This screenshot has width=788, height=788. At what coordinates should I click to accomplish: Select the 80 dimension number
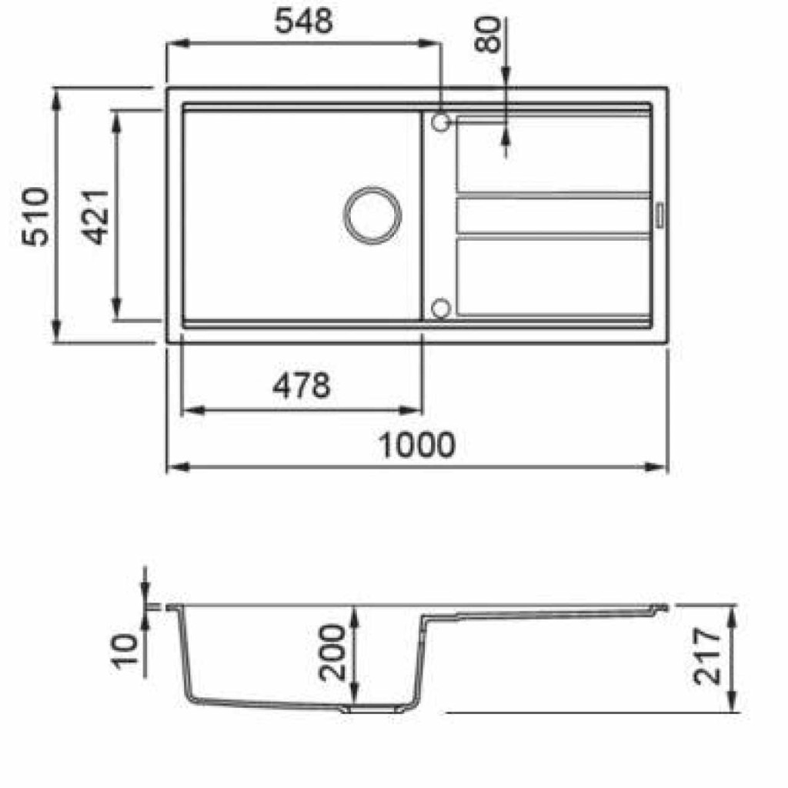488,35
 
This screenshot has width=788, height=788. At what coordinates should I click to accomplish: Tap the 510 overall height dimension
35,216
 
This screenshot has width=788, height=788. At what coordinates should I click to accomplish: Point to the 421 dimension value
95,217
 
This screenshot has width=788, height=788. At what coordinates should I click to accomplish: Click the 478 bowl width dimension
302,386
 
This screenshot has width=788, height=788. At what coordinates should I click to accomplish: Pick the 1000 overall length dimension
416,445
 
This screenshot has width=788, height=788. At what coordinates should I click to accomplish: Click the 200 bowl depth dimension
332,653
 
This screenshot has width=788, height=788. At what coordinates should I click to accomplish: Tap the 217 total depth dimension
706,656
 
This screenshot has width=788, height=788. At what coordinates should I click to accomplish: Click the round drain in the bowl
372,215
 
